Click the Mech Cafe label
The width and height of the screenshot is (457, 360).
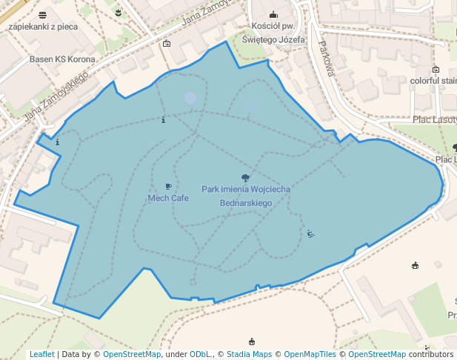tap(168, 198)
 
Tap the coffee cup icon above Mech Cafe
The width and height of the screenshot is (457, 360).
tap(168, 187)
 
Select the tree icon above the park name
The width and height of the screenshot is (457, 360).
tap(245, 178)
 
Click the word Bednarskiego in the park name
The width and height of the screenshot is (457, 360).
tap(246, 202)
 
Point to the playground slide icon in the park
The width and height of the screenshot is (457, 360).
tap(310, 234)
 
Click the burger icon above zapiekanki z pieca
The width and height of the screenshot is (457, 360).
tap(43, 15)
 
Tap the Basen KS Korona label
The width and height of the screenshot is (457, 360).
tap(62, 59)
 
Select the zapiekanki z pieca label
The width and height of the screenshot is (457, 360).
tap(43, 27)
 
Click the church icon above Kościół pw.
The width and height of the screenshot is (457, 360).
tap(273, 14)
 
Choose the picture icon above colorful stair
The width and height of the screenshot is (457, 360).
tap(436, 70)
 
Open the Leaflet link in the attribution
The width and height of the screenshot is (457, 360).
tap(41, 355)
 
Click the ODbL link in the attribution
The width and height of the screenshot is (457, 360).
tap(200, 355)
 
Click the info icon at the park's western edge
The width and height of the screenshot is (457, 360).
tap(57, 141)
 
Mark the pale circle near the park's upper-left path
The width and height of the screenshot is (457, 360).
tap(190, 97)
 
